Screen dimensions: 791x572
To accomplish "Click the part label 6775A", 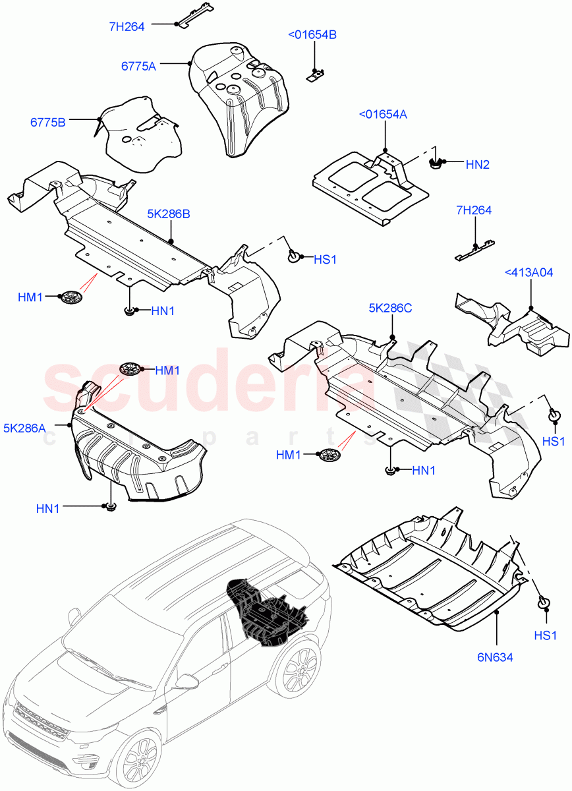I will coord(138,65).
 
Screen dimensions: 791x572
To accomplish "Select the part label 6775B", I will coord(47,122).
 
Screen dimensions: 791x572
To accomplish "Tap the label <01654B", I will coord(312,35).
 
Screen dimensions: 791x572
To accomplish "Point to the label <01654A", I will coord(383,115).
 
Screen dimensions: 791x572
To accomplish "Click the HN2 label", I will coord(478,165).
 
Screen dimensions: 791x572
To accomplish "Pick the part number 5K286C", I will coord(390,308).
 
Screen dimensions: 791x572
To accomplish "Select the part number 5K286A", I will coord(24,428).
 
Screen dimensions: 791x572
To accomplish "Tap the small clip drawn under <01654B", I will coord(316,74).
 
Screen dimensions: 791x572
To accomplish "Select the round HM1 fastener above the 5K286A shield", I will coord(130,368).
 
